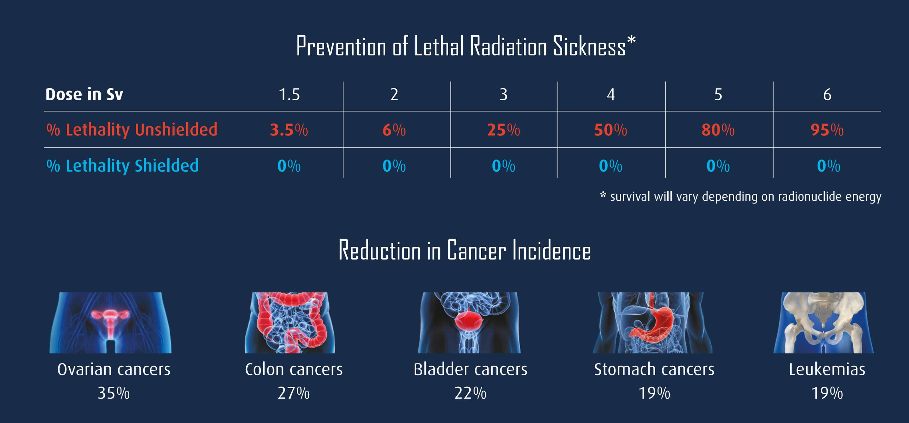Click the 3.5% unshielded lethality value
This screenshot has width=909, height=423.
coord(289,130)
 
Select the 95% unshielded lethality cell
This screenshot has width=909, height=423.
coord(827,130)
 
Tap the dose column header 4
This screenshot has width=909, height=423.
coord(611,95)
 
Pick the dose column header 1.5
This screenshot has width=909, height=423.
coord(289,95)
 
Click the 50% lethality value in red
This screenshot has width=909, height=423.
coord(611,130)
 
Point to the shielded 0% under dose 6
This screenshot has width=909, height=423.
coord(828,166)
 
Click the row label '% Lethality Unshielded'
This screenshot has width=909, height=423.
coord(132,129)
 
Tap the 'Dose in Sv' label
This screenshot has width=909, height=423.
coord(84,95)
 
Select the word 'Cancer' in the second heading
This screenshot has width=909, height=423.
coord(476,251)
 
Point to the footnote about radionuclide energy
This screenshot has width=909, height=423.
coord(741,197)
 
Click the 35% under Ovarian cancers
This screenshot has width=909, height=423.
coord(114,393)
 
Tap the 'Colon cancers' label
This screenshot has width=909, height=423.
coord(294,369)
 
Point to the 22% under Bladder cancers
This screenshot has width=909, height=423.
coord(470,393)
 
